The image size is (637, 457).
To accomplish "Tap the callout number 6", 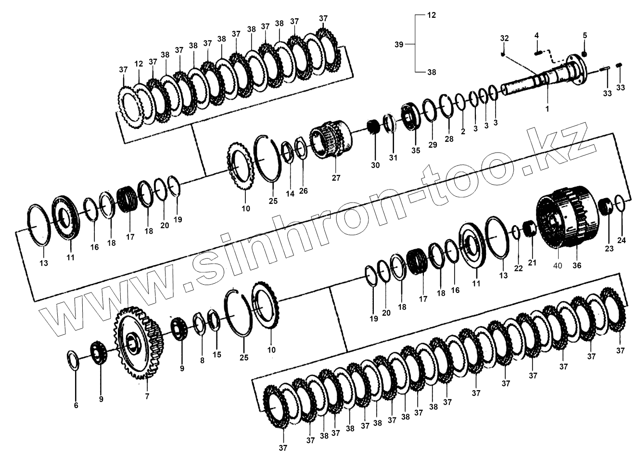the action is [76, 405].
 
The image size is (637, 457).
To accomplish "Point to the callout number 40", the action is [558, 266].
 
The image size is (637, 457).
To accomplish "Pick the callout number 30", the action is [375, 165].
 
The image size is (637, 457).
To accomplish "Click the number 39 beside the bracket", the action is [399, 44].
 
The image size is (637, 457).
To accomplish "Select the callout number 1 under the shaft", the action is [547, 109].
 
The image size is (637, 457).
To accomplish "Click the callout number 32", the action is [505, 38].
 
